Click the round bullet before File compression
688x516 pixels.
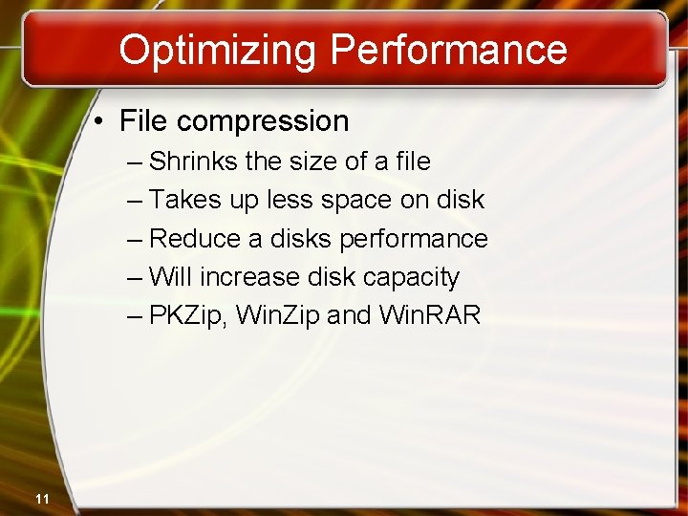pos(99,122)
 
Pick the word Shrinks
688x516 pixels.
pos(194,161)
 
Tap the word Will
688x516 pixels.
pos(172,277)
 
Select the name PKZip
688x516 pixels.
pos(191,315)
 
